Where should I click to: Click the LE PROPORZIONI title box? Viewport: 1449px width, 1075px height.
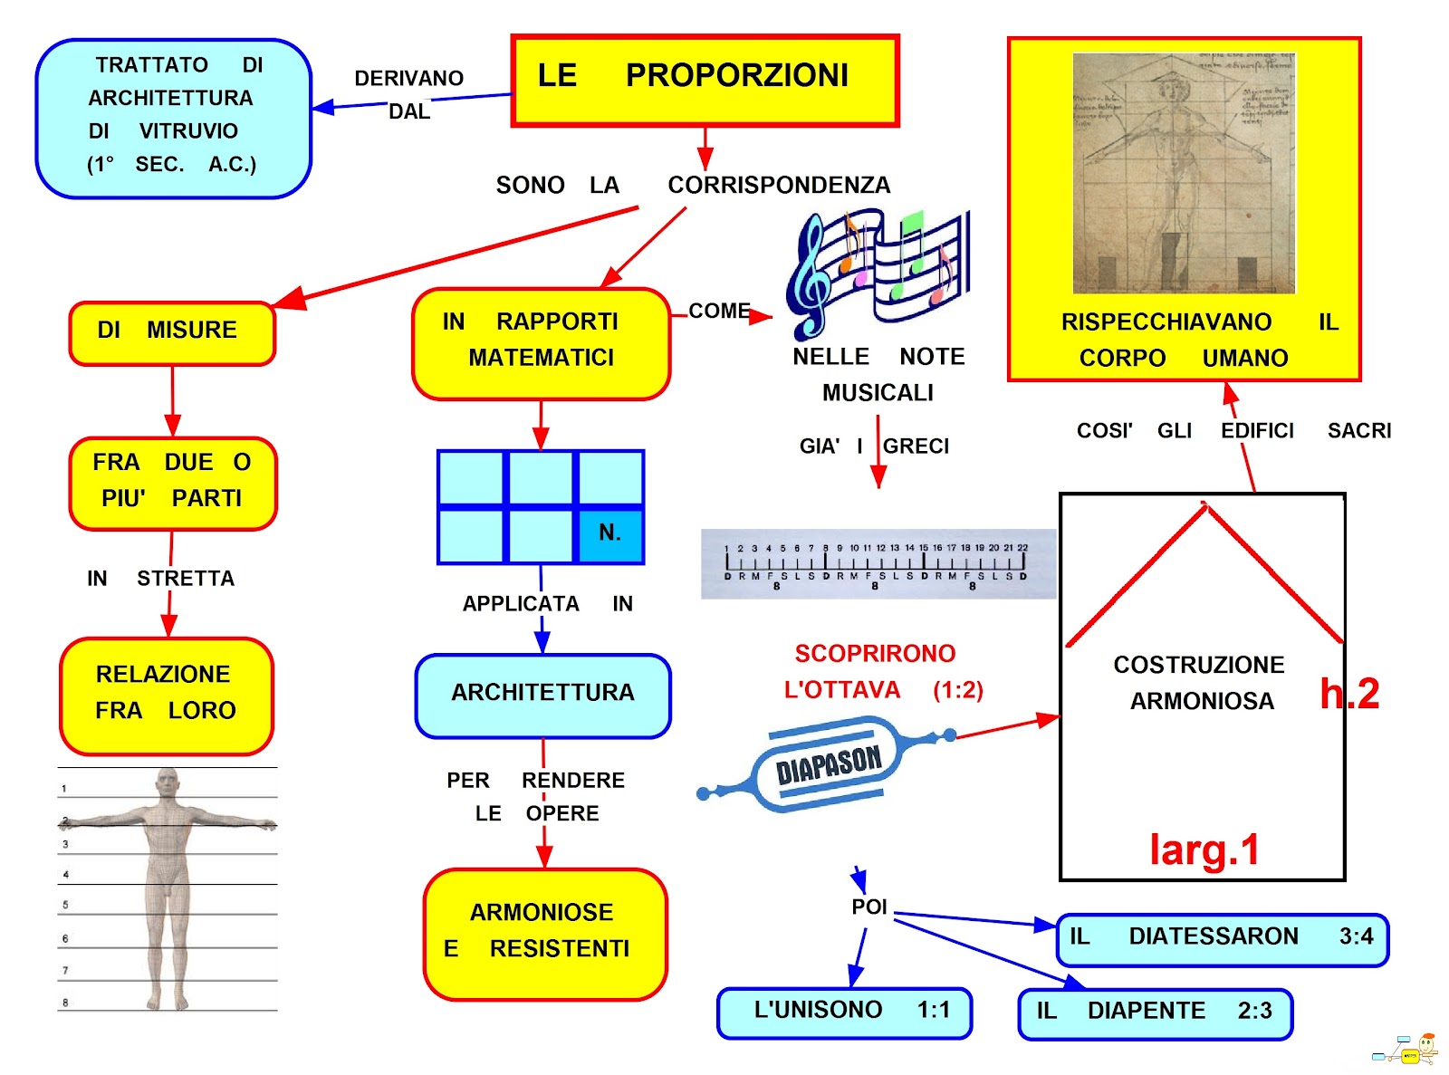(705, 80)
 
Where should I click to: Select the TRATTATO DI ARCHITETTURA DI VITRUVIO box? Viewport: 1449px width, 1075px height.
(173, 118)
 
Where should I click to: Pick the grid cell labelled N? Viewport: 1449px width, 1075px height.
(610, 534)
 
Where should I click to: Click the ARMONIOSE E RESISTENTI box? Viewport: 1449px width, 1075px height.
(544, 934)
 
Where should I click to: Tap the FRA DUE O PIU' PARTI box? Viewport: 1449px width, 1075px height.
(172, 483)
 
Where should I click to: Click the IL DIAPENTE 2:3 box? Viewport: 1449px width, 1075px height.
(1155, 1013)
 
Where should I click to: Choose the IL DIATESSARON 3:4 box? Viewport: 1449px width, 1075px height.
(1222, 939)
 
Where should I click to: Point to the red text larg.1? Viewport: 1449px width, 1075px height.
(1204, 850)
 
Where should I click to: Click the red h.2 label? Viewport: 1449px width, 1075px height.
(1349, 695)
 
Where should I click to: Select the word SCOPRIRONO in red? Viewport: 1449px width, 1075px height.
(875, 654)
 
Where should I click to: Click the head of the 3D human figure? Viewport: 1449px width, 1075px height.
(168, 783)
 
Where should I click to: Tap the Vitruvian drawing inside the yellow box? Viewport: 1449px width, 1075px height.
(1183, 172)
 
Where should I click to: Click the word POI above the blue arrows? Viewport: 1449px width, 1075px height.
(868, 907)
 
